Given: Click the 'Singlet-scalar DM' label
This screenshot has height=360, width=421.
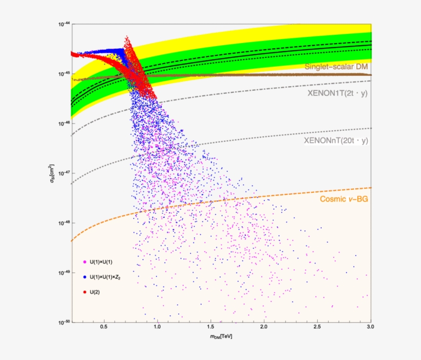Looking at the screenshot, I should pos(336,66).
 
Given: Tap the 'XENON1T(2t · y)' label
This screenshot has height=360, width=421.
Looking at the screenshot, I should pos(338,93).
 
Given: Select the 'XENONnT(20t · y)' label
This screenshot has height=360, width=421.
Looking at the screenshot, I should pos(337,140).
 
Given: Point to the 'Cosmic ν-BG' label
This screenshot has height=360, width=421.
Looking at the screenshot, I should pos(344,199).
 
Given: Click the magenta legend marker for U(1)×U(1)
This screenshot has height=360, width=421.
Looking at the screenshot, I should pos(84,262).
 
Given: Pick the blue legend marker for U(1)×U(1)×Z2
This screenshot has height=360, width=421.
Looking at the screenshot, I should pos(84,277).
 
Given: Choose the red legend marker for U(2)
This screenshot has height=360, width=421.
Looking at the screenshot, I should pos(84,292).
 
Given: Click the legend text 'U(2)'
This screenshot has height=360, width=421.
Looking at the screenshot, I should pos(95,292).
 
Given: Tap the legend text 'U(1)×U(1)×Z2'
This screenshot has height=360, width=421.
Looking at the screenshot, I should pos(108,277).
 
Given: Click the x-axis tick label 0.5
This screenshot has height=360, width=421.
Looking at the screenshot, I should pos(104,327).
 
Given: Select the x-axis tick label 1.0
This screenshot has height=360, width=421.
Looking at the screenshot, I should pos(157,327).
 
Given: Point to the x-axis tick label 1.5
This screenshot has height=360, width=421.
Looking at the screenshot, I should pos(210,327).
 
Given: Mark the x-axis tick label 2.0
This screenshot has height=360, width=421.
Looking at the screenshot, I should pos(264,327).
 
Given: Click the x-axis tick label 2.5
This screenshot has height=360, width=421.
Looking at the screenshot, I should pos(317,327).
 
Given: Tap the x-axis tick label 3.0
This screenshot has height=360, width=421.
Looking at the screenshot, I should pos(370,327).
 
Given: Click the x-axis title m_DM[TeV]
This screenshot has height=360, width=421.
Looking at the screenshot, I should pos(220,335).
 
